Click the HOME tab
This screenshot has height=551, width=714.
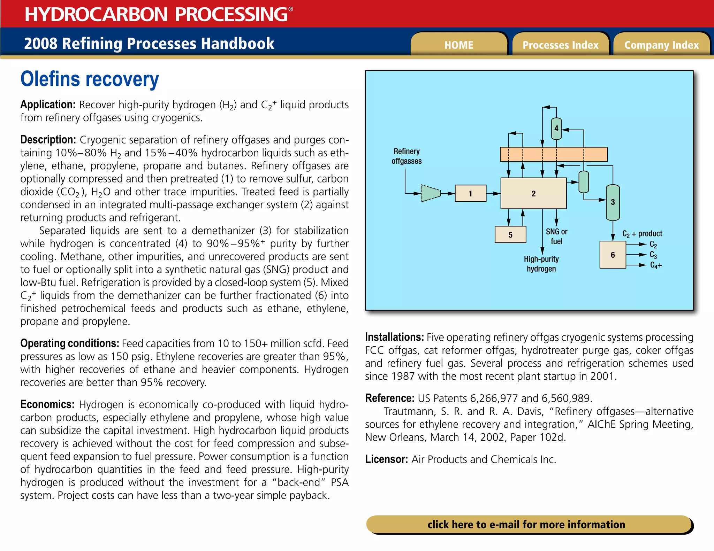pyautogui.click(x=458, y=45)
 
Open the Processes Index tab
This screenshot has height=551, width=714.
pyautogui.click(x=560, y=45)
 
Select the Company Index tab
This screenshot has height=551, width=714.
pyautogui.click(x=661, y=45)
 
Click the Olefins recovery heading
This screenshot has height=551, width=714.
pyautogui.click(x=90, y=79)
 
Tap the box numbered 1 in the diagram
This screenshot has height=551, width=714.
pyautogui.click(x=470, y=194)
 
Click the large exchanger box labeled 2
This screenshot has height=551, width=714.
pyautogui.click(x=533, y=194)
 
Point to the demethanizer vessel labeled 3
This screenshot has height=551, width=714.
pyautogui.click(x=613, y=202)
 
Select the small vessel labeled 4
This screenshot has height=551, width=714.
pyautogui.click(x=556, y=129)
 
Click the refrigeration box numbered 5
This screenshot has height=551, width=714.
pyautogui.click(x=510, y=235)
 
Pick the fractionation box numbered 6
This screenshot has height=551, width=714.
pyautogui.click(x=613, y=255)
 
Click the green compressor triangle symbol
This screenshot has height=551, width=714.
pyautogui.click(x=430, y=193)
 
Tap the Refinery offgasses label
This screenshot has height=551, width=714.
pyautogui.click(x=407, y=156)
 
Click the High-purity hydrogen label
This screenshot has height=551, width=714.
pyautogui.click(x=541, y=264)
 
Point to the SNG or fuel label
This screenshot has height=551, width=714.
pyautogui.click(x=556, y=236)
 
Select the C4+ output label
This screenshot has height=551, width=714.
pyautogui.click(x=656, y=265)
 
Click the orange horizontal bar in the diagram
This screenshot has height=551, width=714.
pyautogui.click(x=554, y=154)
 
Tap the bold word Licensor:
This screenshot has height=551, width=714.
pyautogui.click(x=386, y=459)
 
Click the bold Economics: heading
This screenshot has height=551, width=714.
pyautogui.click(x=47, y=404)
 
